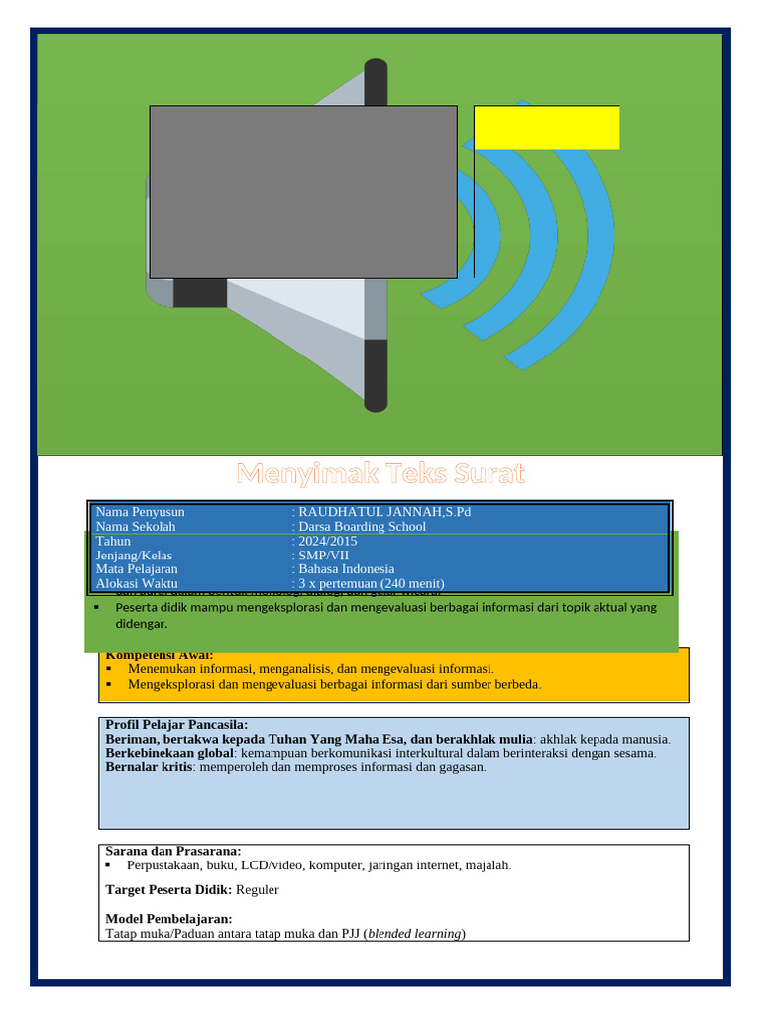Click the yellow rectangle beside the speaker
pos(546,127)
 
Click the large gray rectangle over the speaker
pos(302,191)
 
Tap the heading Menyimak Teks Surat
pos(380,473)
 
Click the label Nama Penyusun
pos(140,512)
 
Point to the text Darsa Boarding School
pos(362,527)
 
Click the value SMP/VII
pos(323,556)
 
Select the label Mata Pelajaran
pos(137,569)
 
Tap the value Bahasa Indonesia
pos(346,569)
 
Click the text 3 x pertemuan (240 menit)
pos(372,584)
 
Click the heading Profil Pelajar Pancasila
pos(176,725)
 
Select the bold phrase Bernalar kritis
pos(148,767)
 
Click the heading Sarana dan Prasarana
pos(172,851)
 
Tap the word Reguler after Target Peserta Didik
pos(258,890)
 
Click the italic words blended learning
pos(414,933)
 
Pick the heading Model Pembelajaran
pos(168,919)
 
